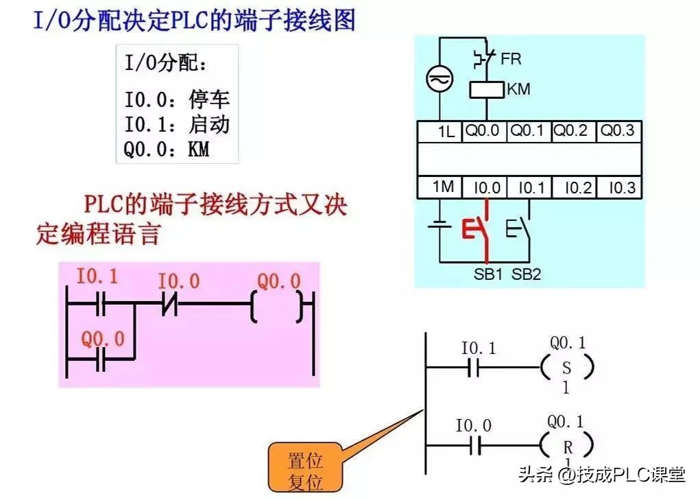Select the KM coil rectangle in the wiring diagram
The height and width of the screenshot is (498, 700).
[486, 90]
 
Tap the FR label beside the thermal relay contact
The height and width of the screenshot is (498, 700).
[511, 59]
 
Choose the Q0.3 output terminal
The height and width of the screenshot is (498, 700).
[617, 131]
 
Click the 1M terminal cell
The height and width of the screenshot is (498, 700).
[444, 187]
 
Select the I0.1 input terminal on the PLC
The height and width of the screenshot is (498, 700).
[530, 187]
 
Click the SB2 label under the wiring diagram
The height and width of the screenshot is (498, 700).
[526, 274]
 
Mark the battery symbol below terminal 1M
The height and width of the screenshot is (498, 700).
[439, 226]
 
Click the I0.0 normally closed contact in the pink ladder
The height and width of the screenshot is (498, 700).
[169, 303]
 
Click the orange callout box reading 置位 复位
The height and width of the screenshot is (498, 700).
[305, 469]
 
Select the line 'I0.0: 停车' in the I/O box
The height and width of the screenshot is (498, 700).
[176, 100]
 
